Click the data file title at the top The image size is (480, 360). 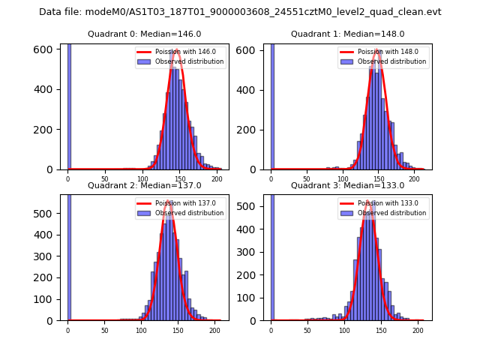240,12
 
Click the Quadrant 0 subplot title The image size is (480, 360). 145,34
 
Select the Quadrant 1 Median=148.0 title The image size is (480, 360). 348,34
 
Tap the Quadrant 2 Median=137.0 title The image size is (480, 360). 145,186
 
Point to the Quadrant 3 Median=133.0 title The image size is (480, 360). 348,186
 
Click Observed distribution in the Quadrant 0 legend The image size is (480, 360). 189,62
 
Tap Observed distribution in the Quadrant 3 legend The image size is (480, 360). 391,213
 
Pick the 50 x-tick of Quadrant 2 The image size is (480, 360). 104,330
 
